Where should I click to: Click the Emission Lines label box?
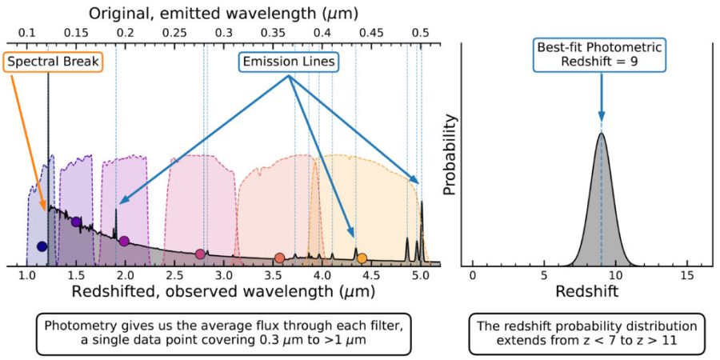(x=287, y=61)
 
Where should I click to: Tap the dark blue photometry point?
(x=42, y=246)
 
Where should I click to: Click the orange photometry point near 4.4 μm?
(x=362, y=258)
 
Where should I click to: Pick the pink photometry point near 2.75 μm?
(x=200, y=254)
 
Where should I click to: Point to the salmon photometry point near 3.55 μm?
(x=279, y=258)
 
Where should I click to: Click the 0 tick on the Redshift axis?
(x=472, y=275)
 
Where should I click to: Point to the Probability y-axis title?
(x=450, y=154)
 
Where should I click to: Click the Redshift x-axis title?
(x=587, y=292)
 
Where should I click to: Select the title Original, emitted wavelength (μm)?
(x=223, y=13)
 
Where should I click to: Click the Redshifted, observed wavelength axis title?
(x=223, y=292)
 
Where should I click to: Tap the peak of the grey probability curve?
(x=601, y=134)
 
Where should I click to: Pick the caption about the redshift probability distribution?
(x=587, y=334)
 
